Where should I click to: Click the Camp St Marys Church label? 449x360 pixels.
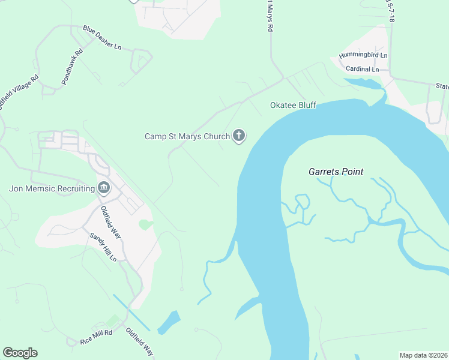(x=187, y=137)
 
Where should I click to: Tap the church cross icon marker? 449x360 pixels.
(x=239, y=136)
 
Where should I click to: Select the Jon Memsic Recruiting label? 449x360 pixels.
(x=52, y=188)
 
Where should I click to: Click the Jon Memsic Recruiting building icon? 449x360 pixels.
(x=104, y=188)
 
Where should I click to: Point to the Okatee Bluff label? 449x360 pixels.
(x=293, y=106)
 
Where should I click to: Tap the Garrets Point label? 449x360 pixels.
(x=336, y=172)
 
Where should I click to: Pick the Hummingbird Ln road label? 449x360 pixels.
(x=363, y=56)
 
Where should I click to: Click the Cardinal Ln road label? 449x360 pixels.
(x=363, y=69)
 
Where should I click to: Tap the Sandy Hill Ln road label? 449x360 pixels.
(x=103, y=247)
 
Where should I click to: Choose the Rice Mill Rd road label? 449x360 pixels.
(x=96, y=337)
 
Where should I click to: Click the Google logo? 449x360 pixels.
(x=20, y=353)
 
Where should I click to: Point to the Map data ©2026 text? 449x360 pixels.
(x=424, y=355)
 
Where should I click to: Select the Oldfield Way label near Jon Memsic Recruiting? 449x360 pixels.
(x=111, y=222)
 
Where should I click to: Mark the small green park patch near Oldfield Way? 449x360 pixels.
(x=146, y=225)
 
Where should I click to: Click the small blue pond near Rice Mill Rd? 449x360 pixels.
(x=169, y=322)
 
